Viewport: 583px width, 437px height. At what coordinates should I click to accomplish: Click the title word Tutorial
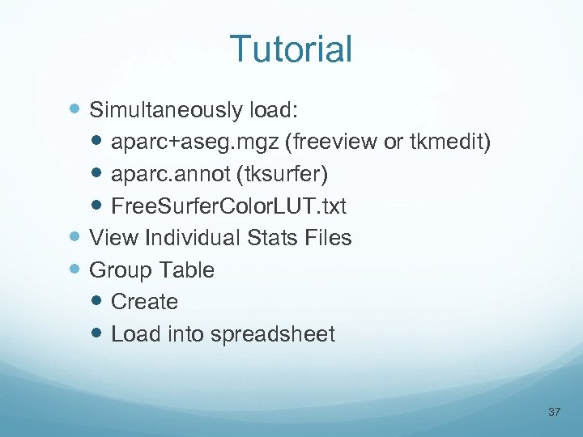pos(291,49)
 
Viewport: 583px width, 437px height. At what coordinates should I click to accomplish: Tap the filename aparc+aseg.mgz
pos(194,142)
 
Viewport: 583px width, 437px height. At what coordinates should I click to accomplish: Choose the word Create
pos(144,302)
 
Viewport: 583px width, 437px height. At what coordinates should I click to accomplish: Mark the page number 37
pos(555,412)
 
